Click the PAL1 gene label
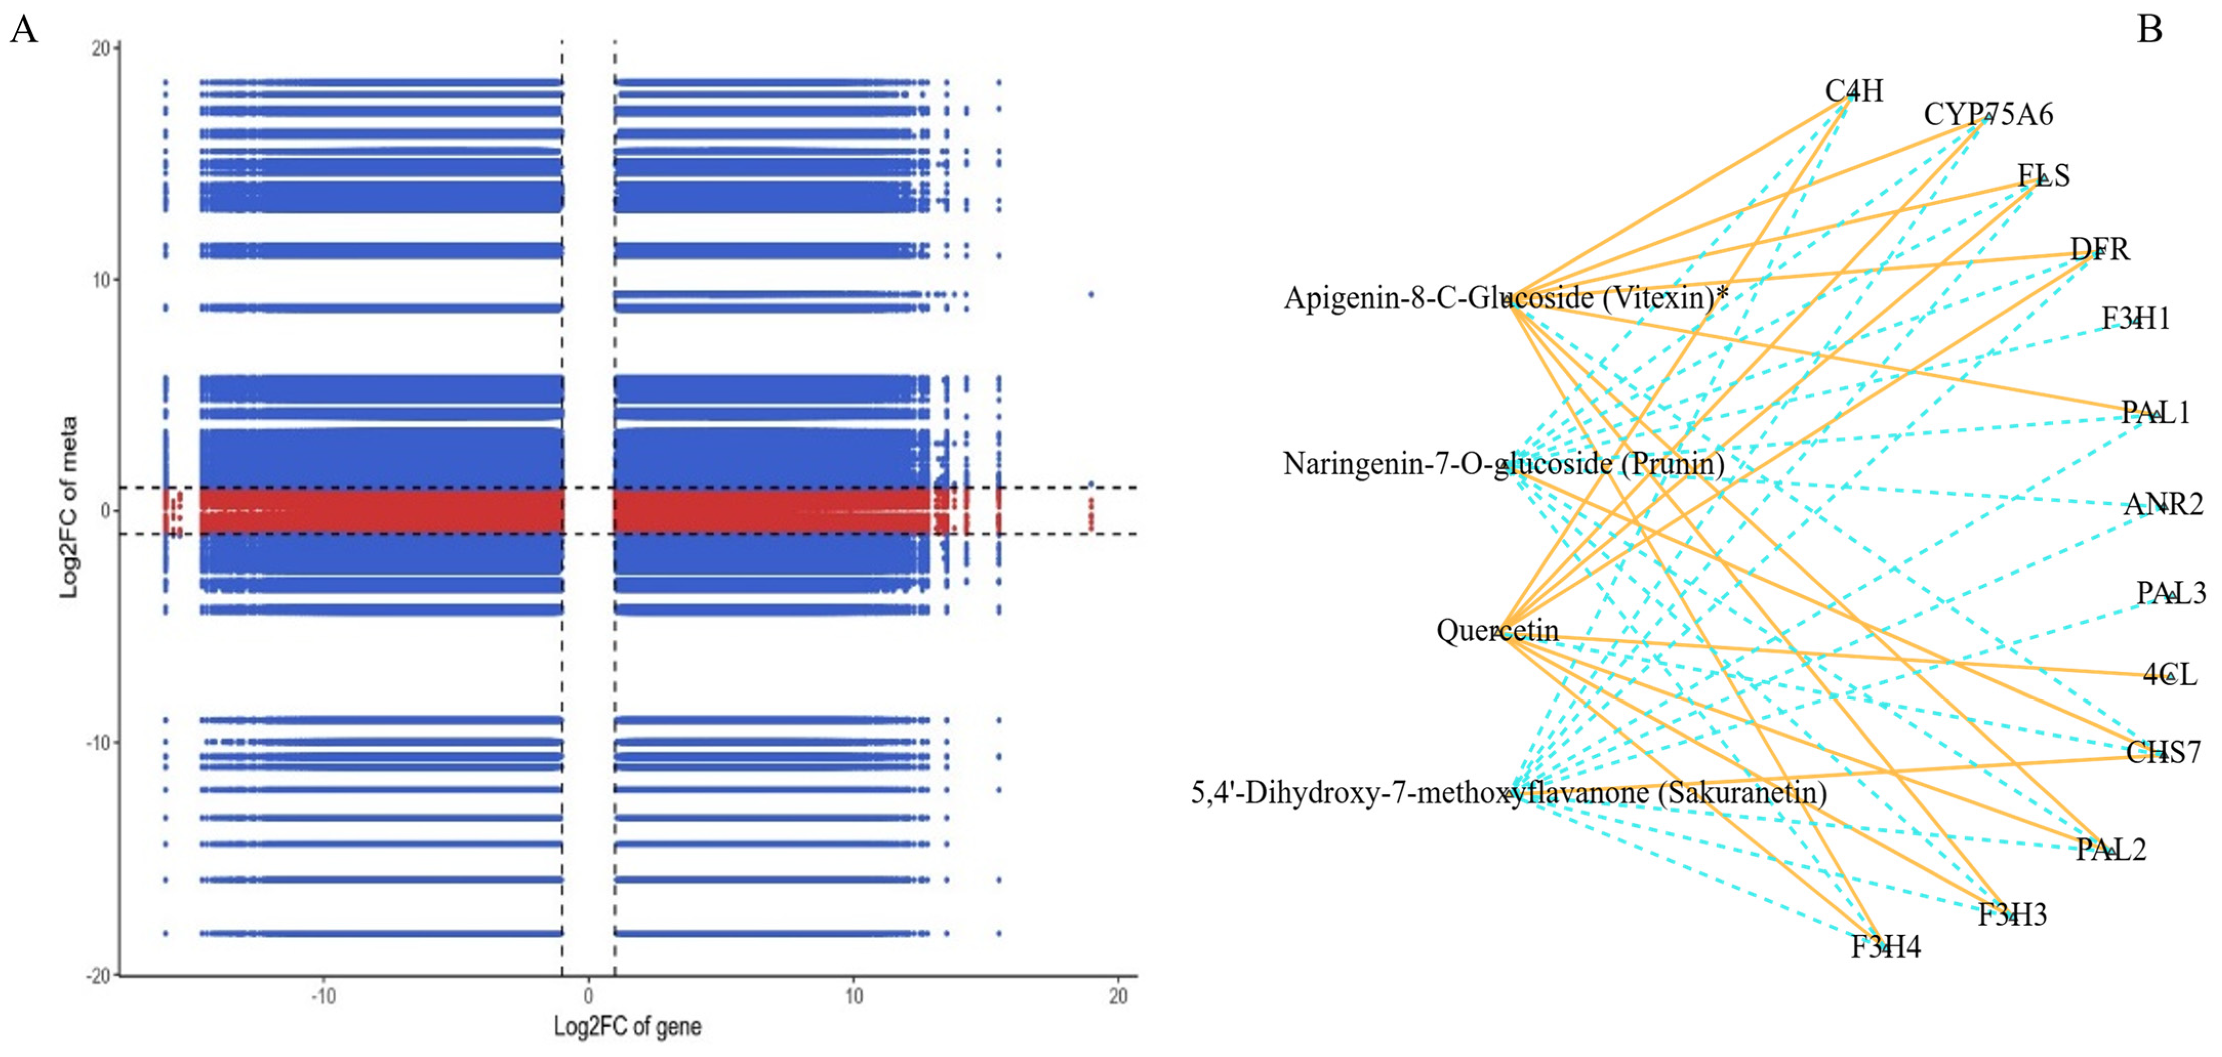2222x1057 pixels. [2155, 413]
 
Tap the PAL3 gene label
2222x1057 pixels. [2170, 594]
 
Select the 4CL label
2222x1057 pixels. [2169, 674]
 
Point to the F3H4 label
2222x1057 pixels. [1886, 947]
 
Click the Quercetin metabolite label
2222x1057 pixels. [1497, 631]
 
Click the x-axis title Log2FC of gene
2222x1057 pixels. [627, 1027]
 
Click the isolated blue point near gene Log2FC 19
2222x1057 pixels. [1091, 294]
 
